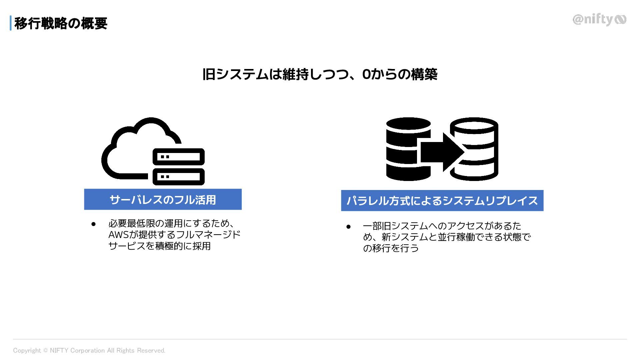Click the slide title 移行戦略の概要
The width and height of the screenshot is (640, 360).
[61, 23]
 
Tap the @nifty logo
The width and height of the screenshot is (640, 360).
[599, 20]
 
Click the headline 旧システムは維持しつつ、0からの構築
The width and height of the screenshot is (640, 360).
[320, 74]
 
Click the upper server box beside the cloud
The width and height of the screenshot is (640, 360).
[179, 157]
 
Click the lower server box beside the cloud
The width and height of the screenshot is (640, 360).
[179, 177]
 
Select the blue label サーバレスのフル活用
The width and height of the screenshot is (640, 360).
[163, 199]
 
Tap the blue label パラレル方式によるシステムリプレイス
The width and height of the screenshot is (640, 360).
[442, 201]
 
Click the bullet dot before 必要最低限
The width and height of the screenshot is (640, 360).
[94, 224]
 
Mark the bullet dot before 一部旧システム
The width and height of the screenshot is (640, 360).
[349, 227]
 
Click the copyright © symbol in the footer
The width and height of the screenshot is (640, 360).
[45, 351]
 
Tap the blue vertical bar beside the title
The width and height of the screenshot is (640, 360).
[11, 23]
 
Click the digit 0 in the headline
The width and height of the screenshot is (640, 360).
[366, 74]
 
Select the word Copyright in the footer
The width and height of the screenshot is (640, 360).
[27, 351]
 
